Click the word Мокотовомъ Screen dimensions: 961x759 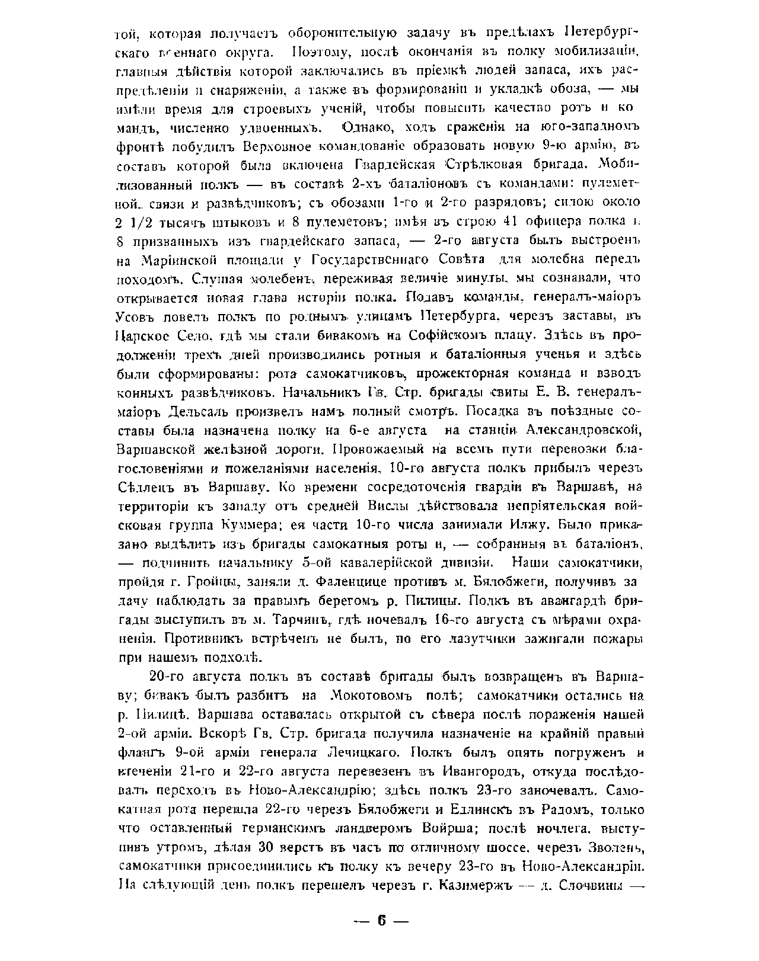tap(371, 696)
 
